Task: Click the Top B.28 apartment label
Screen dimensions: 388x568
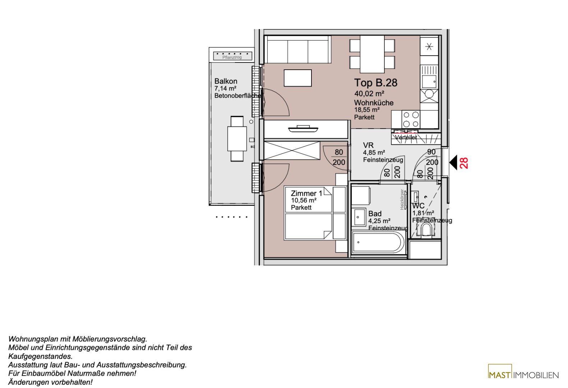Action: tap(375, 83)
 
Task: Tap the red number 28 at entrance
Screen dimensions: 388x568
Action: tap(464, 163)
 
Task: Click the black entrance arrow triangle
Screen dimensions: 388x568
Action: tap(453, 162)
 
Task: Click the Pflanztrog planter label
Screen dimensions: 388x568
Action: tap(232, 57)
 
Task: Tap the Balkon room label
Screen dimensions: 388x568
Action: tap(226, 81)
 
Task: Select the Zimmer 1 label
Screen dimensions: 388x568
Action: tap(306, 193)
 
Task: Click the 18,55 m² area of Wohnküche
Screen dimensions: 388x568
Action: tap(366, 110)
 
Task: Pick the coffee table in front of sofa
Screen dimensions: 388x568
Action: tap(297, 78)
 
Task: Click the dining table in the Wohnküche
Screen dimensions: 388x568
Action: tap(372, 54)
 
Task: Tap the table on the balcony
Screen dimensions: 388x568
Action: tap(237, 139)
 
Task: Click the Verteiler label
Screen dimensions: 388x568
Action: tap(406, 137)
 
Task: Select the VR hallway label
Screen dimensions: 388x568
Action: tap(368, 145)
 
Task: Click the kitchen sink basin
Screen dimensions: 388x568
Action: tap(429, 82)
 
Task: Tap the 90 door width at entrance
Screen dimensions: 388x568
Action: tap(431, 152)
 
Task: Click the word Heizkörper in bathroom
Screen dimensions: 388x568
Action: tap(402, 200)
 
